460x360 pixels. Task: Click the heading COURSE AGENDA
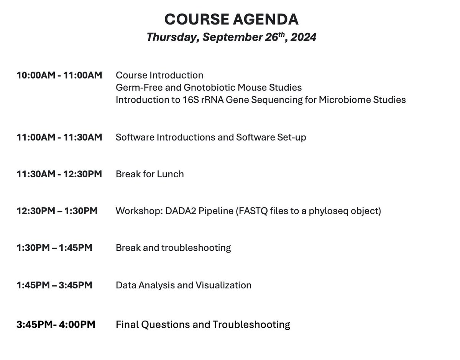coord(231,19)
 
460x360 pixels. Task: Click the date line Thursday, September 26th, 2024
coord(231,38)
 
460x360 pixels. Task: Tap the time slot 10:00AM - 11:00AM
coord(59,75)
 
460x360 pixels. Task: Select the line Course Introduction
coord(159,75)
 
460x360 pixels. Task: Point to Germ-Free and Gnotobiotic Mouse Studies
coord(209,87)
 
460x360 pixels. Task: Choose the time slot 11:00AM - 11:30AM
coord(59,137)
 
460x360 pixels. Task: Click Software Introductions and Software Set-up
coord(211,137)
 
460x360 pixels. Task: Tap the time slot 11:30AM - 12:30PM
coord(59,174)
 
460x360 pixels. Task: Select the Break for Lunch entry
coord(150,174)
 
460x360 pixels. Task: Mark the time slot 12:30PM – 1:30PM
coord(57,211)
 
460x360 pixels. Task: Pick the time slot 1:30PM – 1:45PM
coord(54,248)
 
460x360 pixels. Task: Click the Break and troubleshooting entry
coord(173,248)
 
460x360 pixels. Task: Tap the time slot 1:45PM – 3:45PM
coord(54,285)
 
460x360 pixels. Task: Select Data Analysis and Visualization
coord(184,285)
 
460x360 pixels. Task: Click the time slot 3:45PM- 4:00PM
coord(56,325)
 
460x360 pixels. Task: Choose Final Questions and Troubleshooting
coord(203,325)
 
